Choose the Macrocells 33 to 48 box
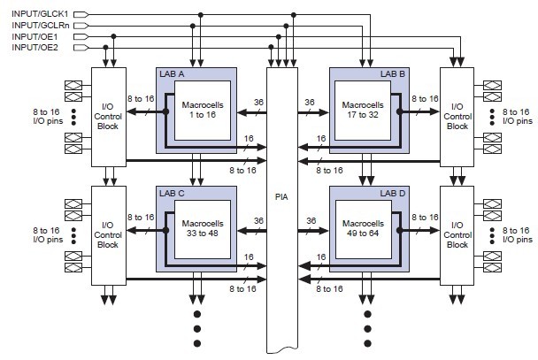203,232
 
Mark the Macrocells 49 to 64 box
365,232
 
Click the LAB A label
173,73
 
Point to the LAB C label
173,193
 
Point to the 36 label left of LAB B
310,103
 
